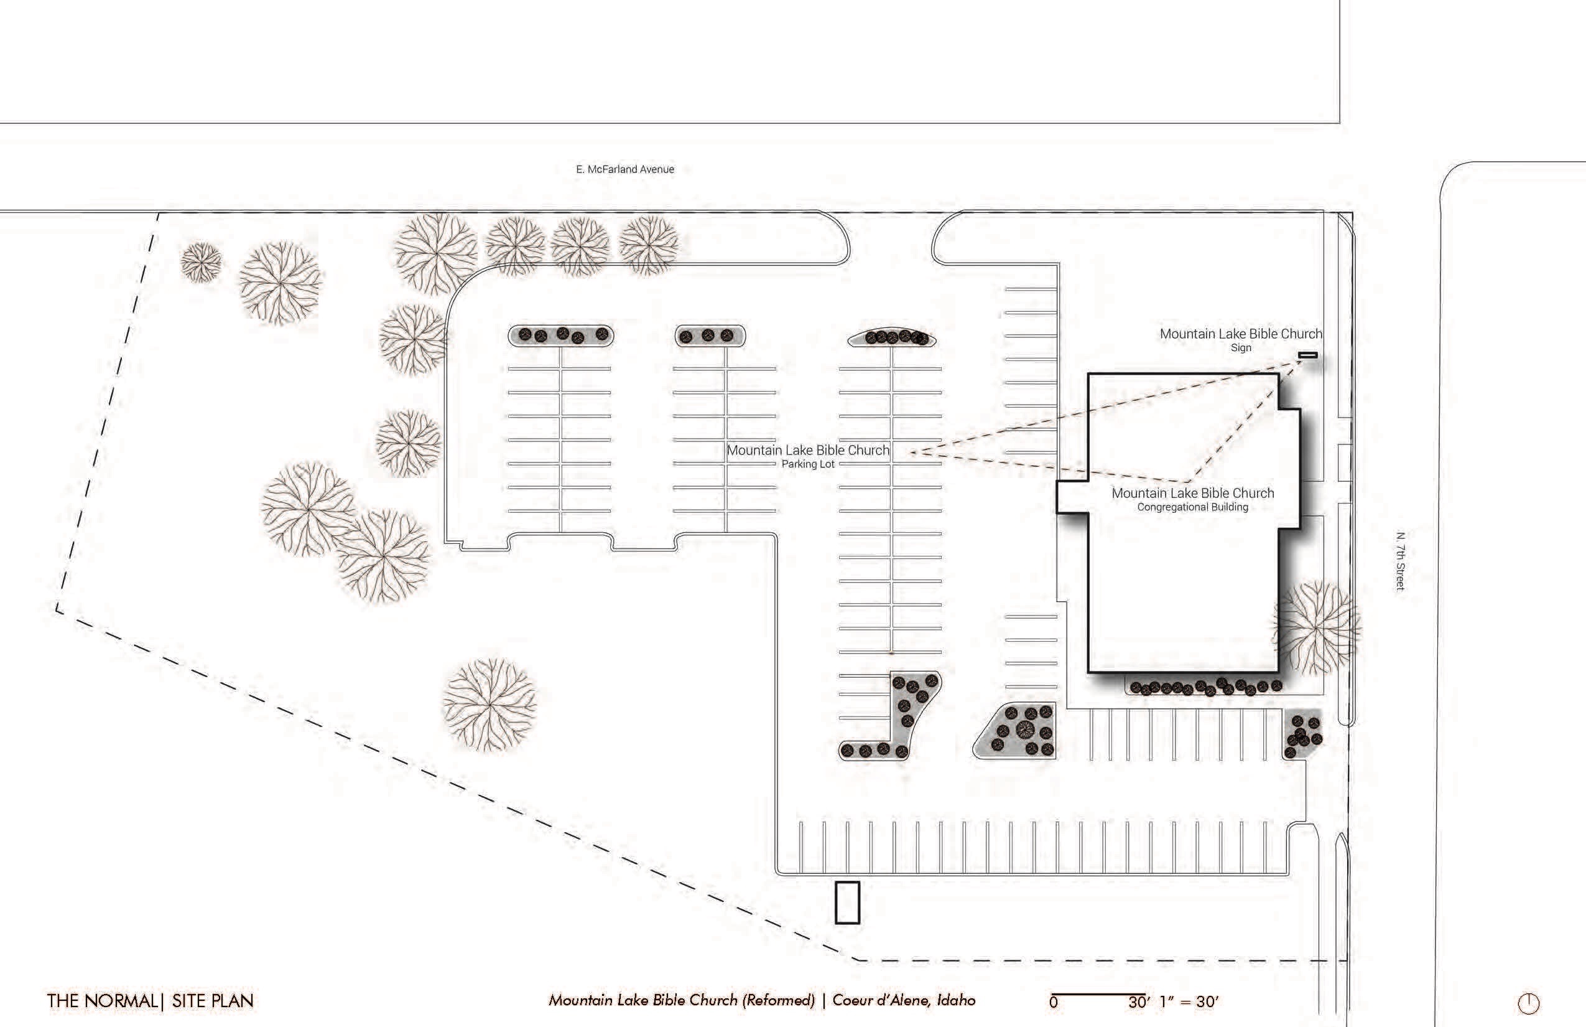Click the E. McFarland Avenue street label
[x=625, y=169]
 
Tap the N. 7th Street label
[x=1400, y=561]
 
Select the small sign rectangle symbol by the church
[x=1308, y=355]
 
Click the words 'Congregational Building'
[x=1193, y=507]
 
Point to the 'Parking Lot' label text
[x=808, y=464]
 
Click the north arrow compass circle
[x=1528, y=1003]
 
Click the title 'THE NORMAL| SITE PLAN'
[x=150, y=1001]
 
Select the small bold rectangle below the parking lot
[x=848, y=903]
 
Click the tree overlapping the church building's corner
[x=1316, y=627]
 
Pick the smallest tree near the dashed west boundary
[x=200, y=262]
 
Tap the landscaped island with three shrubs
[x=710, y=335]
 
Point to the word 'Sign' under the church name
[x=1241, y=348]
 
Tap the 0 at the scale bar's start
[x=1053, y=1002]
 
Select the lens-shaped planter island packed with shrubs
[x=893, y=338]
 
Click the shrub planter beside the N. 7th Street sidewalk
[x=1303, y=734]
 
